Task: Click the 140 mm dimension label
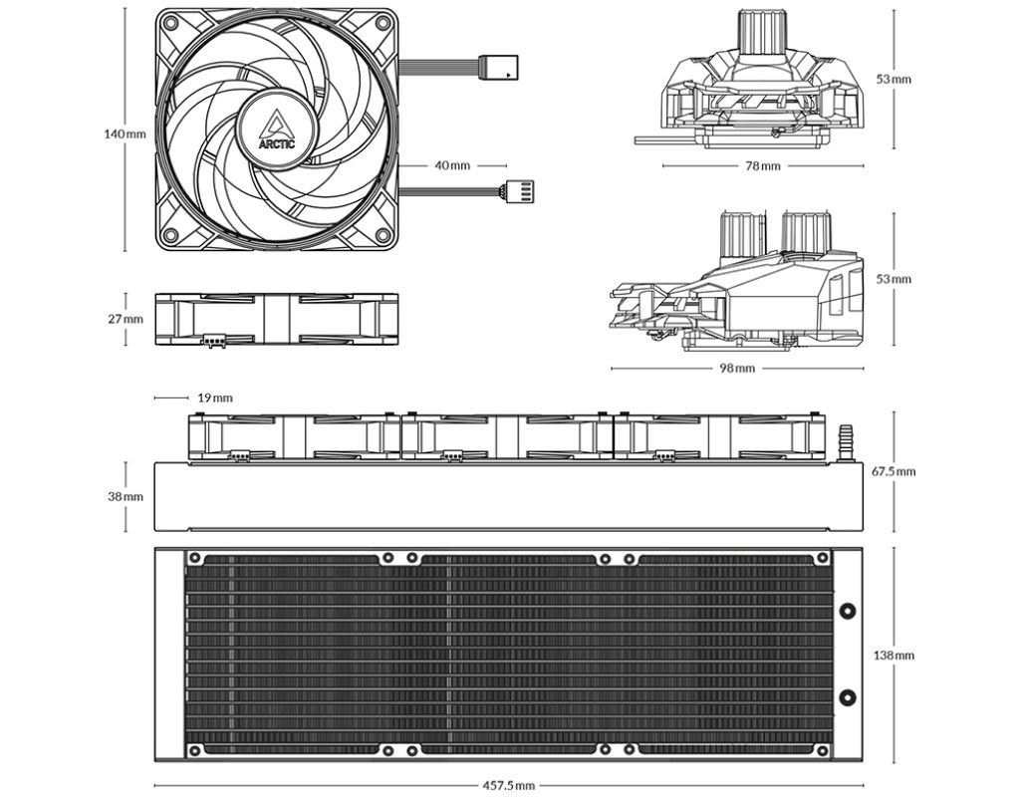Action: pyautogui.click(x=125, y=134)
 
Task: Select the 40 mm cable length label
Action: pyautogui.click(x=452, y=165)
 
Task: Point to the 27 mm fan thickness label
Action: pyautogui.click(x=125, y=319)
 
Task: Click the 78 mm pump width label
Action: pyautogui.click(x=762, y=166)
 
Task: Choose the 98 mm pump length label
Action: pyautogui.click(x=737, y=369)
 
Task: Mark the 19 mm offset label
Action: pyautogui.click(x=215, y=398)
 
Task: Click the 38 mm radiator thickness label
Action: pyautogui.click(x=125, y=496)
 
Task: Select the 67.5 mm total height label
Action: pyautogui.click(x=893, y=470)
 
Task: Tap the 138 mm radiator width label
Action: pyautogui.click(x=893, y=655)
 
